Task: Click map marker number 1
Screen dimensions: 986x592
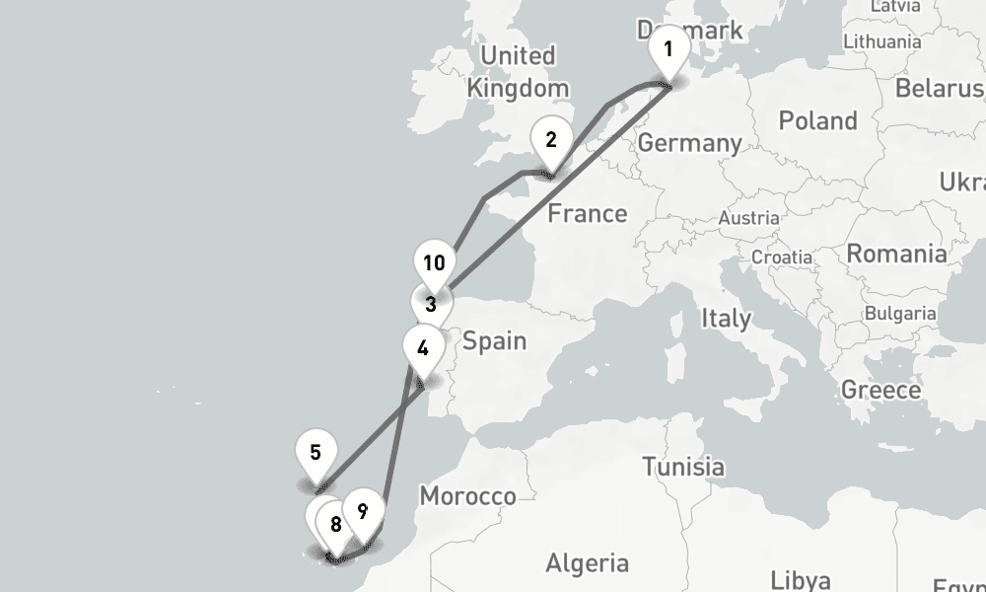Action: [668, 49]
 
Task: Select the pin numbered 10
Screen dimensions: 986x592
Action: [434, 263]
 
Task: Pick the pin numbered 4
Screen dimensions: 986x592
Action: [423, 348]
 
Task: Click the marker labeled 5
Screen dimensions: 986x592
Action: [316, 454]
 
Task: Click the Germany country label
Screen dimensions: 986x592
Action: [689, 143]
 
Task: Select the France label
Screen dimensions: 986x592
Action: [587, 213]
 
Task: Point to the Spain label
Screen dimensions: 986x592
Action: [494, 341]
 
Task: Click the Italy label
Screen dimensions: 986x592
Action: [725, 319]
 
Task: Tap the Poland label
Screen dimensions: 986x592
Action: [817, 121]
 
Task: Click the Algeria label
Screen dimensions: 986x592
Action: [587, 563]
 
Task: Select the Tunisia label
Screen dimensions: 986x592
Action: [682, 466]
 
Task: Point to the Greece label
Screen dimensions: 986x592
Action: [880, 390]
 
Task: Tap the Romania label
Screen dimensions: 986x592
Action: [896, 254]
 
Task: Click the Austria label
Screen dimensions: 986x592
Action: [749, 217]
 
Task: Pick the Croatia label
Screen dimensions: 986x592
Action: [781, 257]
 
